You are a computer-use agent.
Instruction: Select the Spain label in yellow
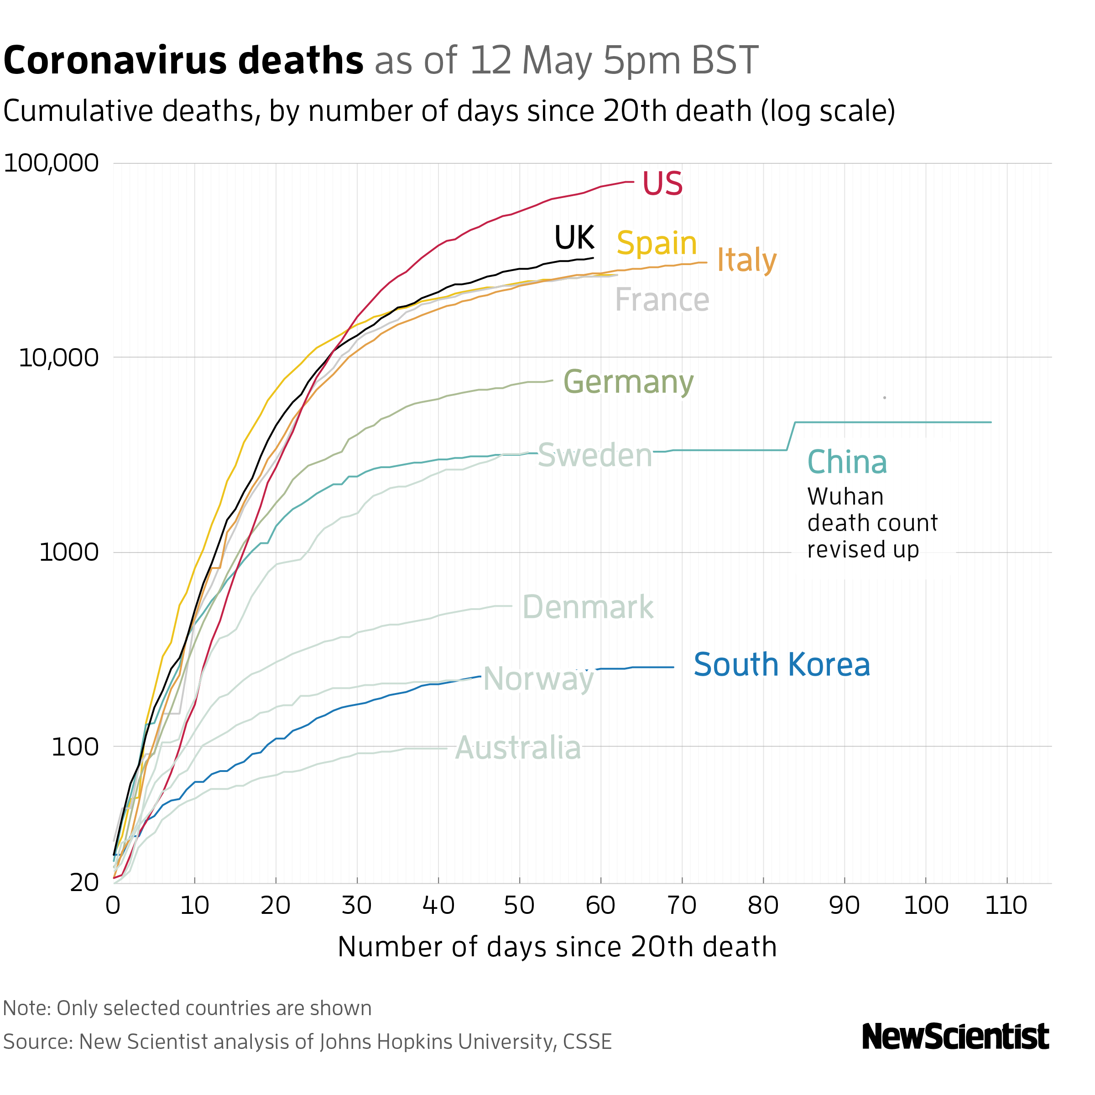point(657,243)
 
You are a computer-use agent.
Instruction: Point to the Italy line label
point(746,260)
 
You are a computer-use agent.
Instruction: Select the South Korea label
point(782,664)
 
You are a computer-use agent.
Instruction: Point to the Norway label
point(538,678)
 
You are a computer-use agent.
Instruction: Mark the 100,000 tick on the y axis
point(51,163)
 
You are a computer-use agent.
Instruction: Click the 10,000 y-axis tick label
point(58,358)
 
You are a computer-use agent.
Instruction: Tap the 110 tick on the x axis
point(1006,905)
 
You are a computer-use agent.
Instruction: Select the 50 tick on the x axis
point(519,905)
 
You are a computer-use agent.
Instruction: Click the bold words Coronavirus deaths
point(183,61)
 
